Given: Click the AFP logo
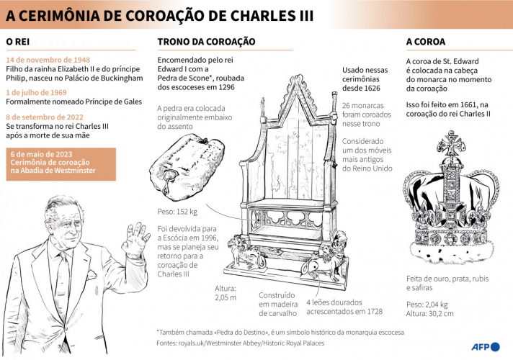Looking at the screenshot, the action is click(x=486, y=347).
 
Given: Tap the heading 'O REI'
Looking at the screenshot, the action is click(x=18, y=42).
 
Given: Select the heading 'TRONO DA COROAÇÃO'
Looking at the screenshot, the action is click(x=207, y=42).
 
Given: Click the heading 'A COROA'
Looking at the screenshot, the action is click(x=426, y=42).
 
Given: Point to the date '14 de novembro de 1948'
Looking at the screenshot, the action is click(x=48, y=60).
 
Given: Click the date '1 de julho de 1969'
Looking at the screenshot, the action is click(x=36, y=93).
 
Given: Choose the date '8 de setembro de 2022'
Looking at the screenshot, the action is click(x=45, y=117).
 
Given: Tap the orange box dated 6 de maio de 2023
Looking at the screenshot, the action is click(x=61, y=164).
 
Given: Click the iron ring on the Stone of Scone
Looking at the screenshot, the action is click(x=169, y=179).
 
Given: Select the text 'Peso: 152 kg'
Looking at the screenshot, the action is click(x=177, y=212).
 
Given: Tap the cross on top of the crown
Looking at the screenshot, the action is click(x=451, y=144).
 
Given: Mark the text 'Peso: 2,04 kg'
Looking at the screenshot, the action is click(x=427, y=305).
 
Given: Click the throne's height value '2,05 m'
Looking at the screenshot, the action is click(x=226, y=297).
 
